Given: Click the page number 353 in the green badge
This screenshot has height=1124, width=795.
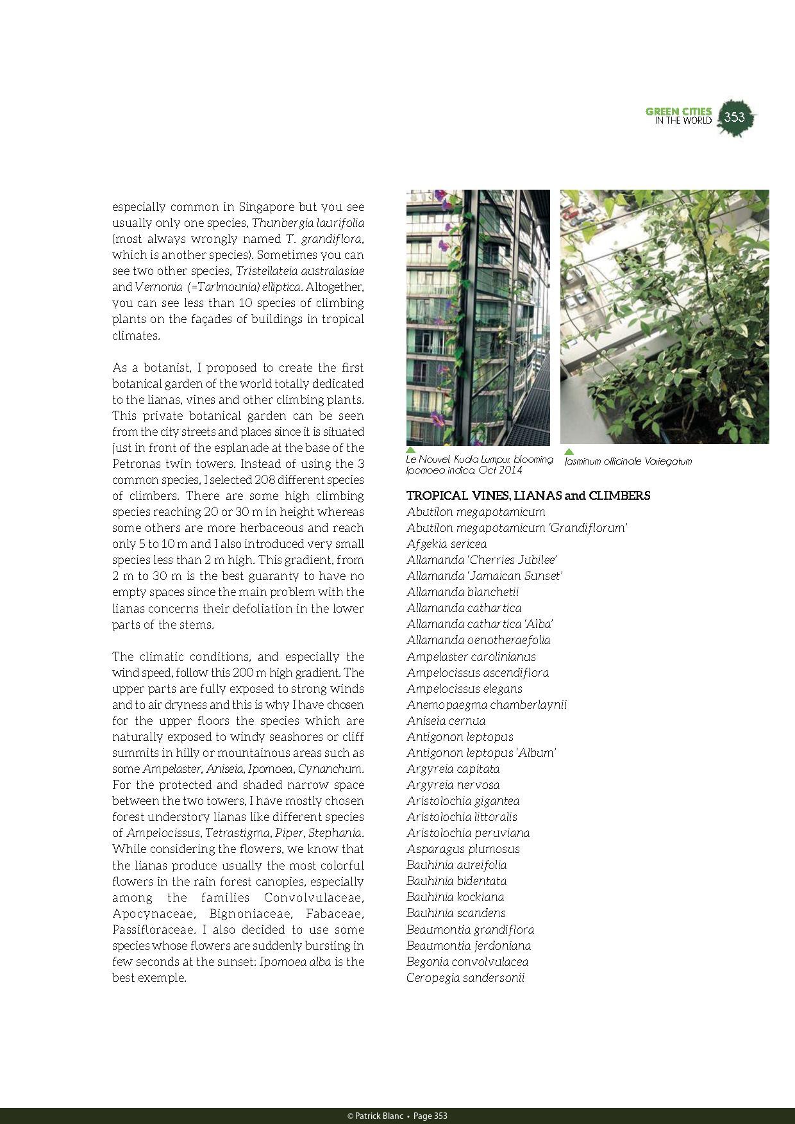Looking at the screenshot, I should click(x=735, y=117).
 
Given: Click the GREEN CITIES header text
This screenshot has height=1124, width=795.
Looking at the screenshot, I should click(x=678, y=112).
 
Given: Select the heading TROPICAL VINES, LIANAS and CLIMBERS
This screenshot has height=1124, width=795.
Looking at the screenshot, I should click(x=528, y=495).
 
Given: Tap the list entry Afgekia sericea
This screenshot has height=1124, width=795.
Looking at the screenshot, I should click(x=446, y=544).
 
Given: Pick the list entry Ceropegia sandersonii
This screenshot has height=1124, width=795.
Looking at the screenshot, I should click(x=465, y=978).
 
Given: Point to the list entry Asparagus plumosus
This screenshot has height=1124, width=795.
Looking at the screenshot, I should click(x=463, y=849).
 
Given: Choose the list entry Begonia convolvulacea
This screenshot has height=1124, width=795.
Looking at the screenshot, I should click(x=467, y=962).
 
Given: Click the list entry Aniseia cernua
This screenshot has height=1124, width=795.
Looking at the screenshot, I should click(x=446, y=721).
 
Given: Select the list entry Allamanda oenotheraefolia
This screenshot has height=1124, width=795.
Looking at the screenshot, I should click(x=478, y=640).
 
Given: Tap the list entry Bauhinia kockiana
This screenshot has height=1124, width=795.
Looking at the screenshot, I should click(x=455, y=897).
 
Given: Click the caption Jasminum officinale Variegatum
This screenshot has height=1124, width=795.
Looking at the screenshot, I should click(x=628, y=461).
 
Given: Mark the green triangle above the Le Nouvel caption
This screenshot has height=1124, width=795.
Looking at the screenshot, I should click(x=411, y=450).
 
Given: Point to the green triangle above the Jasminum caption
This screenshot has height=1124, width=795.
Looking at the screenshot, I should click(x=569, y=452).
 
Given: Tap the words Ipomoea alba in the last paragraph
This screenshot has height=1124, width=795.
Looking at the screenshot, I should click(x=296, y=962).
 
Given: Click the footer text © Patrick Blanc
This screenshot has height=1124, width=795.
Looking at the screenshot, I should click(x=375, y=1116).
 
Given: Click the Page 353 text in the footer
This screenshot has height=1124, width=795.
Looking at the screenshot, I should click(x=430, y=1116).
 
